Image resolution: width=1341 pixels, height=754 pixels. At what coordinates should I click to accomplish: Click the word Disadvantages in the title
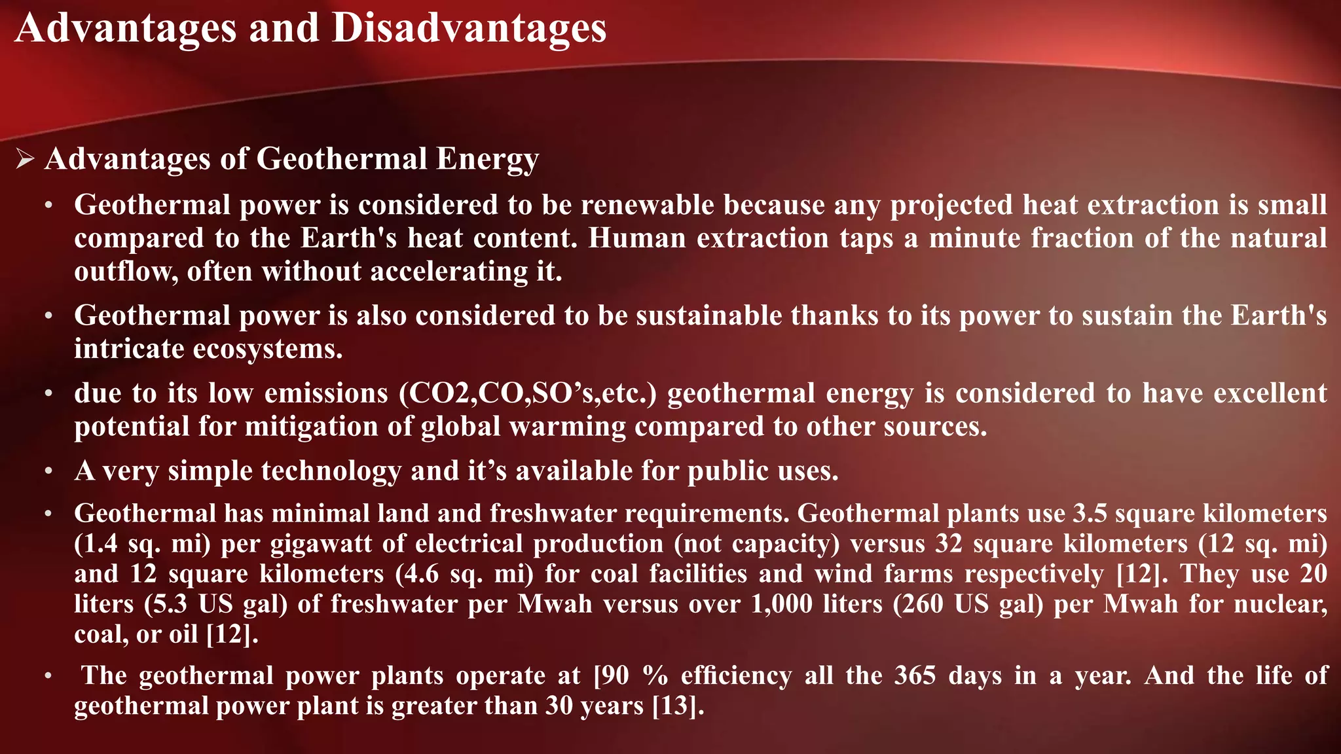tap(469, 28)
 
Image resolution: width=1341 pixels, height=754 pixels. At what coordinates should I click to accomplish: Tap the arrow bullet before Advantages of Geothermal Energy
tap(25, 159)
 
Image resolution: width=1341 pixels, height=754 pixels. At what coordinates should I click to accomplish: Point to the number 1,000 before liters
tap(781, 603)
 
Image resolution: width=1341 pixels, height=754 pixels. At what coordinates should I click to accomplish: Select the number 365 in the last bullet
tap(915, 675)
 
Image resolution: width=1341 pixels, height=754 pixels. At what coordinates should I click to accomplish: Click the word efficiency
tap(736, 675)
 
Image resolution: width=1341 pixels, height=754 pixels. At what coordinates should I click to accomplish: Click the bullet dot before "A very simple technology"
tap(48, 471)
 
